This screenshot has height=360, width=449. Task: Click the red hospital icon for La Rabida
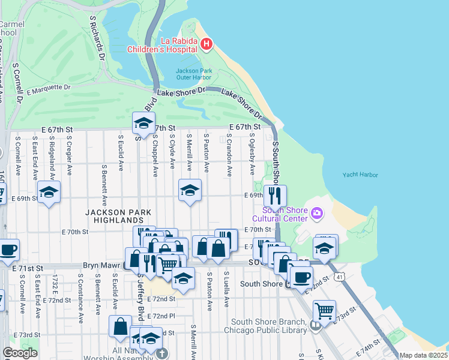click(206, 44)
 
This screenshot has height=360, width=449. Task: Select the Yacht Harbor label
click(360, 175)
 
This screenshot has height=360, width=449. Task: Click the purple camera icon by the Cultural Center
click(316, 212)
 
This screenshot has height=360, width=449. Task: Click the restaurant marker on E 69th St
click(275, 195)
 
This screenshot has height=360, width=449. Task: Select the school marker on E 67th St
click(143, 123)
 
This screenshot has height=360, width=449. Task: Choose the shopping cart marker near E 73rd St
click(324, 311)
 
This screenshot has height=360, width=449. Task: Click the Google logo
click(20, 353)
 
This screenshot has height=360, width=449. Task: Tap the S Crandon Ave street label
click(229, 155)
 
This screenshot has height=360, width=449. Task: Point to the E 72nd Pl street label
click(163, 316)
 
